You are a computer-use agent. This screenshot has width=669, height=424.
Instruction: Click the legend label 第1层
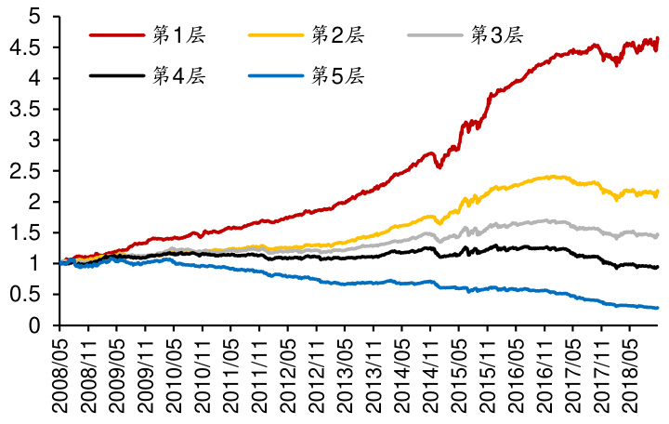pyautogui.click(x=177, y=35)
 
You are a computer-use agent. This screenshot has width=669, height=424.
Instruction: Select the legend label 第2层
pyautogui.click(x=337, y=35)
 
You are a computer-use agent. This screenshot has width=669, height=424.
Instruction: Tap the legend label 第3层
pyautogui.click(x=497, y=35)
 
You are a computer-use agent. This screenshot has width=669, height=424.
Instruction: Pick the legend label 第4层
pyautogui.click(x=177, y=75)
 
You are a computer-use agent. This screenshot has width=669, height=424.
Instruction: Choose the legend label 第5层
pyautogui.click(x=337, y=75)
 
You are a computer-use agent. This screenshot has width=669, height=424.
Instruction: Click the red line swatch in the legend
pyautogui.click(x=117, y=35)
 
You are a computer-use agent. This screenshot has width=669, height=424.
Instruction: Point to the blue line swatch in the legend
pyautogui.click(x=277, y=75)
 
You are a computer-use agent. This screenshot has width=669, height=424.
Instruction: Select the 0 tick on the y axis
pyautogui.click(x=34, y=325)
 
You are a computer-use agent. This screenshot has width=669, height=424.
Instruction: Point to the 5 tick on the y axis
pyautogui.click(x=34, y=17)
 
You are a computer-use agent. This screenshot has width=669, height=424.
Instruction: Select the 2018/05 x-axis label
pyautogui.click(x=630, y=377)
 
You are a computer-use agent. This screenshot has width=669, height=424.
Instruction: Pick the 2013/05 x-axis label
pyautogui.click(x=346, y=377)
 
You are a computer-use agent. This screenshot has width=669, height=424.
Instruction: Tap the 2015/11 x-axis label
pyautogui.click(x=488, y=377)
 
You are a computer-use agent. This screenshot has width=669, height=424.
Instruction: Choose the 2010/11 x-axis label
pyautogui.click(x=203, y=377)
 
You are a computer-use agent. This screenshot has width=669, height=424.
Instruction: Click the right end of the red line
pyautogui.click(x=658, y=39)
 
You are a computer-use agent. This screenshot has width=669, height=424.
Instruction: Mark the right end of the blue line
pyautogui.click(x=658, y=308)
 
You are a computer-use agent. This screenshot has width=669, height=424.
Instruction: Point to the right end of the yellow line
pyautogui.click(x=658, y=192)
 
